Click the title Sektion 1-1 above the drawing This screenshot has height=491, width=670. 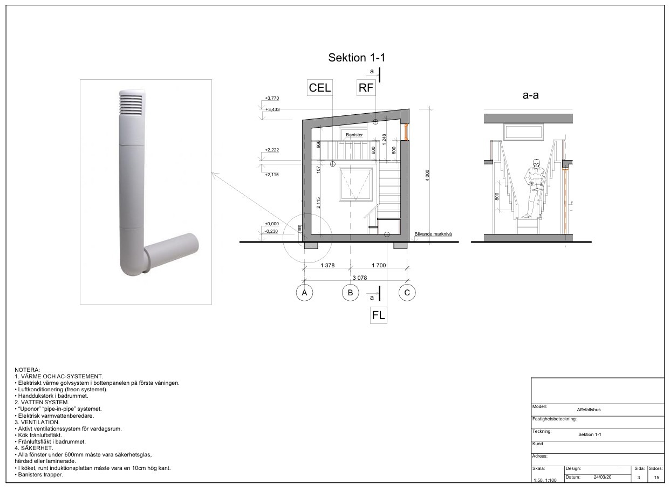point(357,57)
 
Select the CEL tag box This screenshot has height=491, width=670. point(320,87)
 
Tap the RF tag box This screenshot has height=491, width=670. point(366,87)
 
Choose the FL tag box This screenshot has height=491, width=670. point(378,315)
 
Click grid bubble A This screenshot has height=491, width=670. point(304,293)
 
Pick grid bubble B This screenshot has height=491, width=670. point(350,293)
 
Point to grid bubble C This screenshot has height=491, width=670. point(407,293)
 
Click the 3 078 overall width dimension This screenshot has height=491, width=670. point(359,278)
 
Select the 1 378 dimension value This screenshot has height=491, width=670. point(327,265)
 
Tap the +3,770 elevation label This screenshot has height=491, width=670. point(272,98)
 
